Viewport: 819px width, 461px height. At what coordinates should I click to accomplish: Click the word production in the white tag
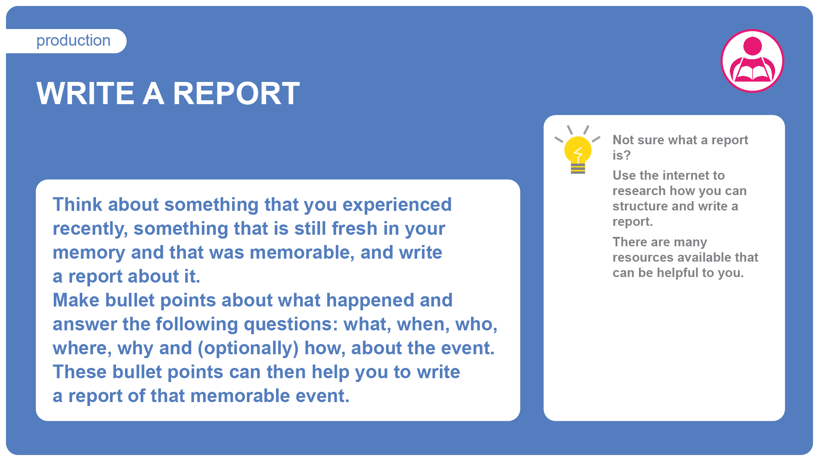click(x=73, y=41)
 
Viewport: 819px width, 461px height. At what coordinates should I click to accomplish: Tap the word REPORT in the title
click(x=236, y=93)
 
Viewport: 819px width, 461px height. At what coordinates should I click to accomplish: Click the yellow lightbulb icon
click(x=578, y=150)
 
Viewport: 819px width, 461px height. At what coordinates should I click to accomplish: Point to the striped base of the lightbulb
click(x=578, y=169)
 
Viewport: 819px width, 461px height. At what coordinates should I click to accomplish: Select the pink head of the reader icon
click(x=752, y=46)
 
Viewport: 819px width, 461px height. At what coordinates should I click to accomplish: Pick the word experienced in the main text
click(x=397, y=205)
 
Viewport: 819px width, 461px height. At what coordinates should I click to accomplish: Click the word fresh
click(x=354, y=228)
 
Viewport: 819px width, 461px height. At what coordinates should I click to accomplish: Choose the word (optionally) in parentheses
click(x=248, y=348)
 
